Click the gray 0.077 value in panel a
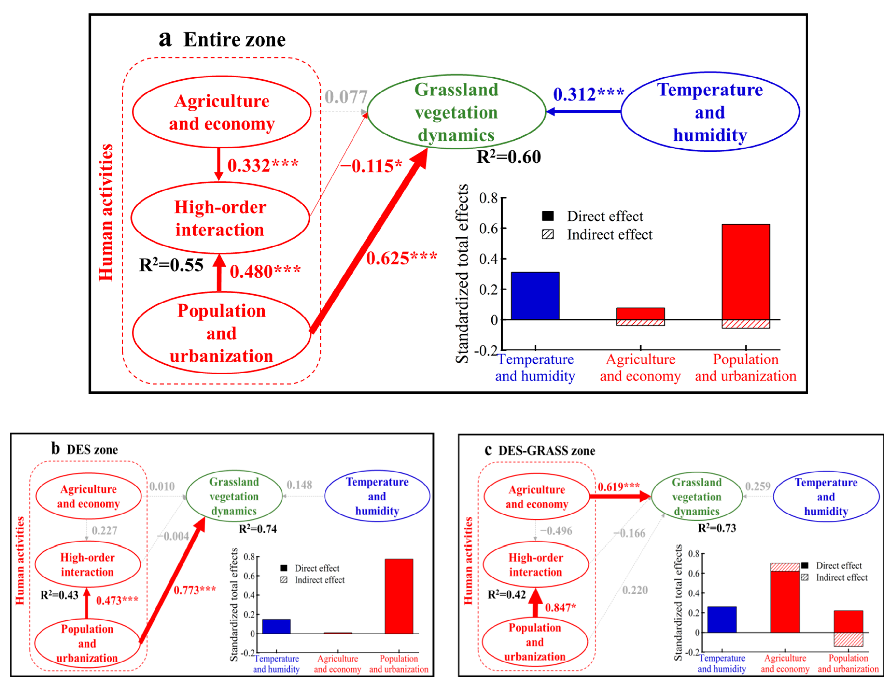(x=346, y=97)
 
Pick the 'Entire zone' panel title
(x=234, y=40)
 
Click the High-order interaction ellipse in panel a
(x=220, y=218)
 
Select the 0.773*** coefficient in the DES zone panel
(x=194, y=590)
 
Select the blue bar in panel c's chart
(x=722, y=620)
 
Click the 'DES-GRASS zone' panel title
(x=546, y=451)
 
